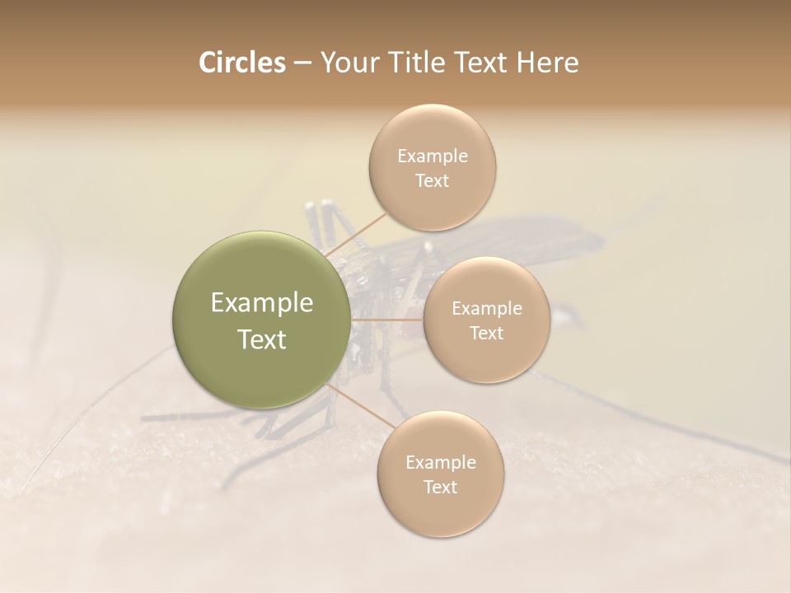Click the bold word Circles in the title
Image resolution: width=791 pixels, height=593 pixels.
pyautogui.click(x=241, y=63)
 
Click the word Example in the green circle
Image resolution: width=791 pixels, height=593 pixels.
pyautogui.click(x=261, y=303)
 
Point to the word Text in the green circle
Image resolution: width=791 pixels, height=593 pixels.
pyautogui.click(x=261, y=339)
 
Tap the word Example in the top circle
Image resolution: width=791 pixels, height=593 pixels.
pyautogui.click(x=432, y=156)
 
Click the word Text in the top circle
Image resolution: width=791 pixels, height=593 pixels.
pyautogui.click(x=432, y=180)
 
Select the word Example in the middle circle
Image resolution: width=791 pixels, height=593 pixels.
pyautogui.click(x=486, y=309)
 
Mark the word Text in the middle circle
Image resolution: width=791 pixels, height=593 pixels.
pyautogui.click(x=486, y=333)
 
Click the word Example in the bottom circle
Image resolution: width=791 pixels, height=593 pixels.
pyautogui.click(x=440, y=462)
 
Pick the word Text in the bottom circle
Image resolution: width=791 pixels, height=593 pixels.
pyautogui.click(x=440, y=487)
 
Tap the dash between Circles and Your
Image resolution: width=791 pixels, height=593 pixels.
pyautogui.click(x=302, y=63)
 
